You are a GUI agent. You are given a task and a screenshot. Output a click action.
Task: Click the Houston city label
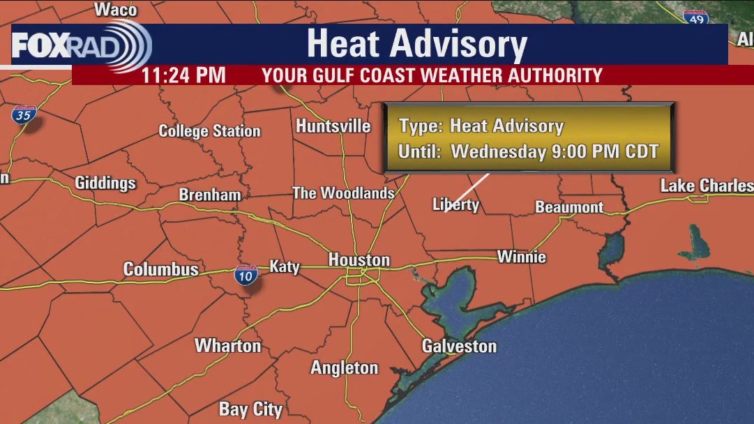tap(359, 260)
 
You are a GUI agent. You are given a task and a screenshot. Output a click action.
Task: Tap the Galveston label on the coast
tap(459, 346)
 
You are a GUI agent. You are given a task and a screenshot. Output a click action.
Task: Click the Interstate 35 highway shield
tap(23, 116)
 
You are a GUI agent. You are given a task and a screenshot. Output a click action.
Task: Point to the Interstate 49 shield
tap(695, 18)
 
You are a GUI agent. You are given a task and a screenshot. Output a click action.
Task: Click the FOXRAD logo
tap(80, 45)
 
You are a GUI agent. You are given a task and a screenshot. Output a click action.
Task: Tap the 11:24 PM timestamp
tap(183, 75)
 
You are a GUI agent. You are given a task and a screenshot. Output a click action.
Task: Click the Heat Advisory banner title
tap(416, 44)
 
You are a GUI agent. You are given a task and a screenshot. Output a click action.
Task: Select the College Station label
tap(209, 131)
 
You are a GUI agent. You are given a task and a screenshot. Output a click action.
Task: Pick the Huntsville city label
tap(333, 126)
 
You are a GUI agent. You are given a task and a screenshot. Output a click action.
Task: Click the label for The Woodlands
tap(343, 193)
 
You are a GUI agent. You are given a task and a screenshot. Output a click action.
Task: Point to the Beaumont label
tap(569, 207)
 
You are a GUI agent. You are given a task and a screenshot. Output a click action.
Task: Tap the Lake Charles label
tap(706, 185)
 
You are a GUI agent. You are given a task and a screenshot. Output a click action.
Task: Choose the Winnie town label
tap(521, 257)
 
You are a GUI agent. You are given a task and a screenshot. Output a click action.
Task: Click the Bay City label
tap(250, 409)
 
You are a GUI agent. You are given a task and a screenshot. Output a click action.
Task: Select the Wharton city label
tap(227, 345)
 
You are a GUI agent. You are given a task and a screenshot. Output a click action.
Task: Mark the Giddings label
tap(105, 183)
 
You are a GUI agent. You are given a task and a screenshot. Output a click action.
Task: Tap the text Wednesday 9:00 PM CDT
tap(555, 151)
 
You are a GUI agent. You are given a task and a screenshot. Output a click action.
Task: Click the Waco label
tap(115, 9)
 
